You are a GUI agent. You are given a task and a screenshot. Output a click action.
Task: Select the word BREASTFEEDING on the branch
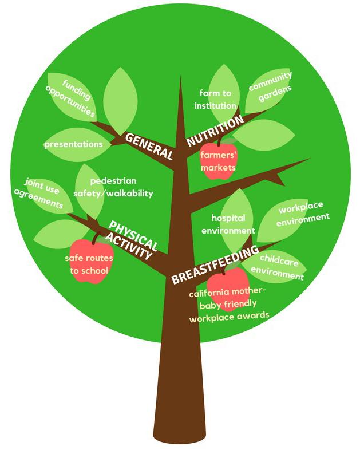point(215,264)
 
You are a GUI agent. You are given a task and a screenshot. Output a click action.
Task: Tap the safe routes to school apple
point(90,263)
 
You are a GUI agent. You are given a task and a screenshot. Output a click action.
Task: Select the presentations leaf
point(73,144)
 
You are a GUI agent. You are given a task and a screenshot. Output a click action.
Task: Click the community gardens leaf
point(270,87)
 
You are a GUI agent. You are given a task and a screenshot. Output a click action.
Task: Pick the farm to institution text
point(215,99)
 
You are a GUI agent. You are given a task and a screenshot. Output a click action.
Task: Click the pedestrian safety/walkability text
point(113,187)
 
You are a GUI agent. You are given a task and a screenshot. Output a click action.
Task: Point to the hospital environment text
point(228,224)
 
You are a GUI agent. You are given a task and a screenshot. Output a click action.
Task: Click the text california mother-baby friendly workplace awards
point(229,304)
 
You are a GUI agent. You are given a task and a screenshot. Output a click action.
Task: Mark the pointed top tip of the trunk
point(180,78)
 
